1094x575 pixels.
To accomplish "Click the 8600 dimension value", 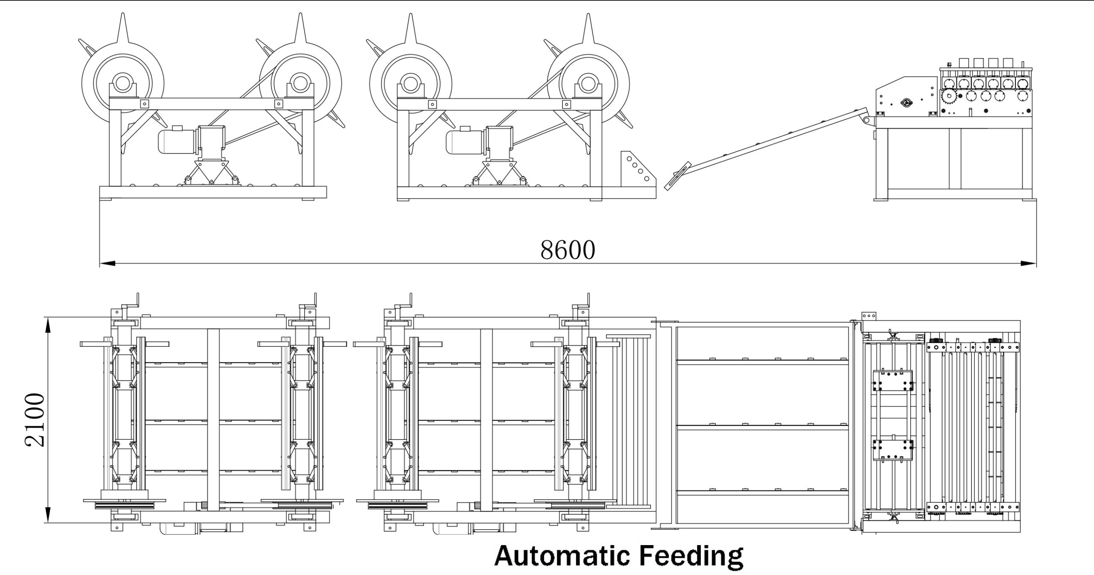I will [568, 250].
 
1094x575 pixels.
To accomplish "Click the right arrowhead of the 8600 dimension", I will [1028, 263].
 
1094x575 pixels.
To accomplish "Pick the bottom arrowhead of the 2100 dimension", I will [48, 515].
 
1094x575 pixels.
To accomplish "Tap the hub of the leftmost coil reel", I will [123, 83].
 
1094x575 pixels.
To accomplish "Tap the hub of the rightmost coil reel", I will [588, 83].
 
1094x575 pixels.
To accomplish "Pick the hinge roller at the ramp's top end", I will [867, 120].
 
